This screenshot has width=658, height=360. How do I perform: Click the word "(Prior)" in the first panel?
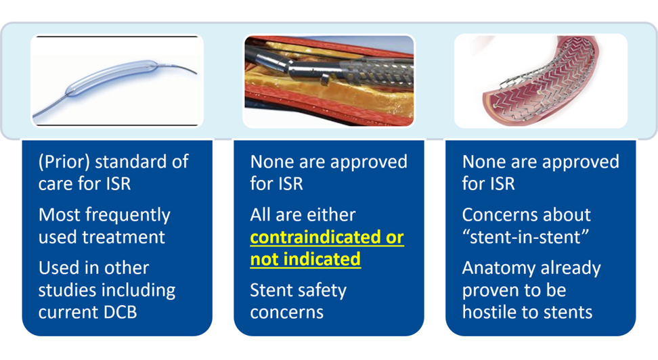pos(64,162)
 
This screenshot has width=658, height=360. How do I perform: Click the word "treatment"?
pos(123,237)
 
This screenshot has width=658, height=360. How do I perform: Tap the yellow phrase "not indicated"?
pos(305,259)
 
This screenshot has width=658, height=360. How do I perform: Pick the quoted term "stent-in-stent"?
pos(525,237)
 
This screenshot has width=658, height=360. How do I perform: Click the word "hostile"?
pos(489,312)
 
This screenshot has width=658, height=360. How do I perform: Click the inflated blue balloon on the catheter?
pos(111,78)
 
